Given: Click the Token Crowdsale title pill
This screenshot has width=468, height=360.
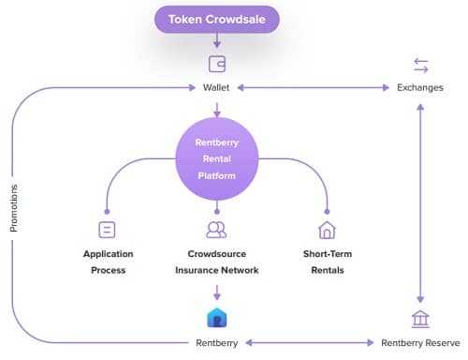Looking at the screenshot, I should [x=217, y=19].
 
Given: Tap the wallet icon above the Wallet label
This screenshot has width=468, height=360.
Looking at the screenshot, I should [x=216, y=65].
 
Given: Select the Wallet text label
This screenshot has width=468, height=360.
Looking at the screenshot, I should [x=216, y=87].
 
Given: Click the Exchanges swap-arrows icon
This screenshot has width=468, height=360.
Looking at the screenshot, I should [x=420, y=65].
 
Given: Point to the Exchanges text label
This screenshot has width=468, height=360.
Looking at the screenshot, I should [x=420, y=87].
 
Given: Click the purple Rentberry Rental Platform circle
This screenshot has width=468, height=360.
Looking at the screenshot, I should [x=216, y=157].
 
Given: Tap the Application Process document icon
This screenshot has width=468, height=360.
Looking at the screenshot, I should [x=107, y=229].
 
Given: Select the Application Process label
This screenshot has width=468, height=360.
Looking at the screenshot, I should [x=109, y=262].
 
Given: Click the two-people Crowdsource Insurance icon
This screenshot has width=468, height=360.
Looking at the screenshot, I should [x=216, y=229].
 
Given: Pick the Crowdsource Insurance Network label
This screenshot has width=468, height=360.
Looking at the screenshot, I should [x=216, y=262].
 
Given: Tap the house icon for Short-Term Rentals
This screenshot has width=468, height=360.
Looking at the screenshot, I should [x=327, y=229].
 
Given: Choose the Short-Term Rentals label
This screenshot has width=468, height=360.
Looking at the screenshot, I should [x=327, y=262].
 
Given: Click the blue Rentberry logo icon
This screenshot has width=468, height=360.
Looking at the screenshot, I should [x=216, y=317].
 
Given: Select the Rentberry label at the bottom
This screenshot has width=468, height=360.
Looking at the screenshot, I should [x=216, y=342].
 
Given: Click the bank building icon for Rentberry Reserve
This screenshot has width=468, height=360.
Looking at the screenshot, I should [x=420, y=319].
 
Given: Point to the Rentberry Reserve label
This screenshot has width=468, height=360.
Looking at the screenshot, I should [x=420, y=342].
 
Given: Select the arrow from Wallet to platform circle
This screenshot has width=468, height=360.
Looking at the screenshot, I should [x=216, y=108].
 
